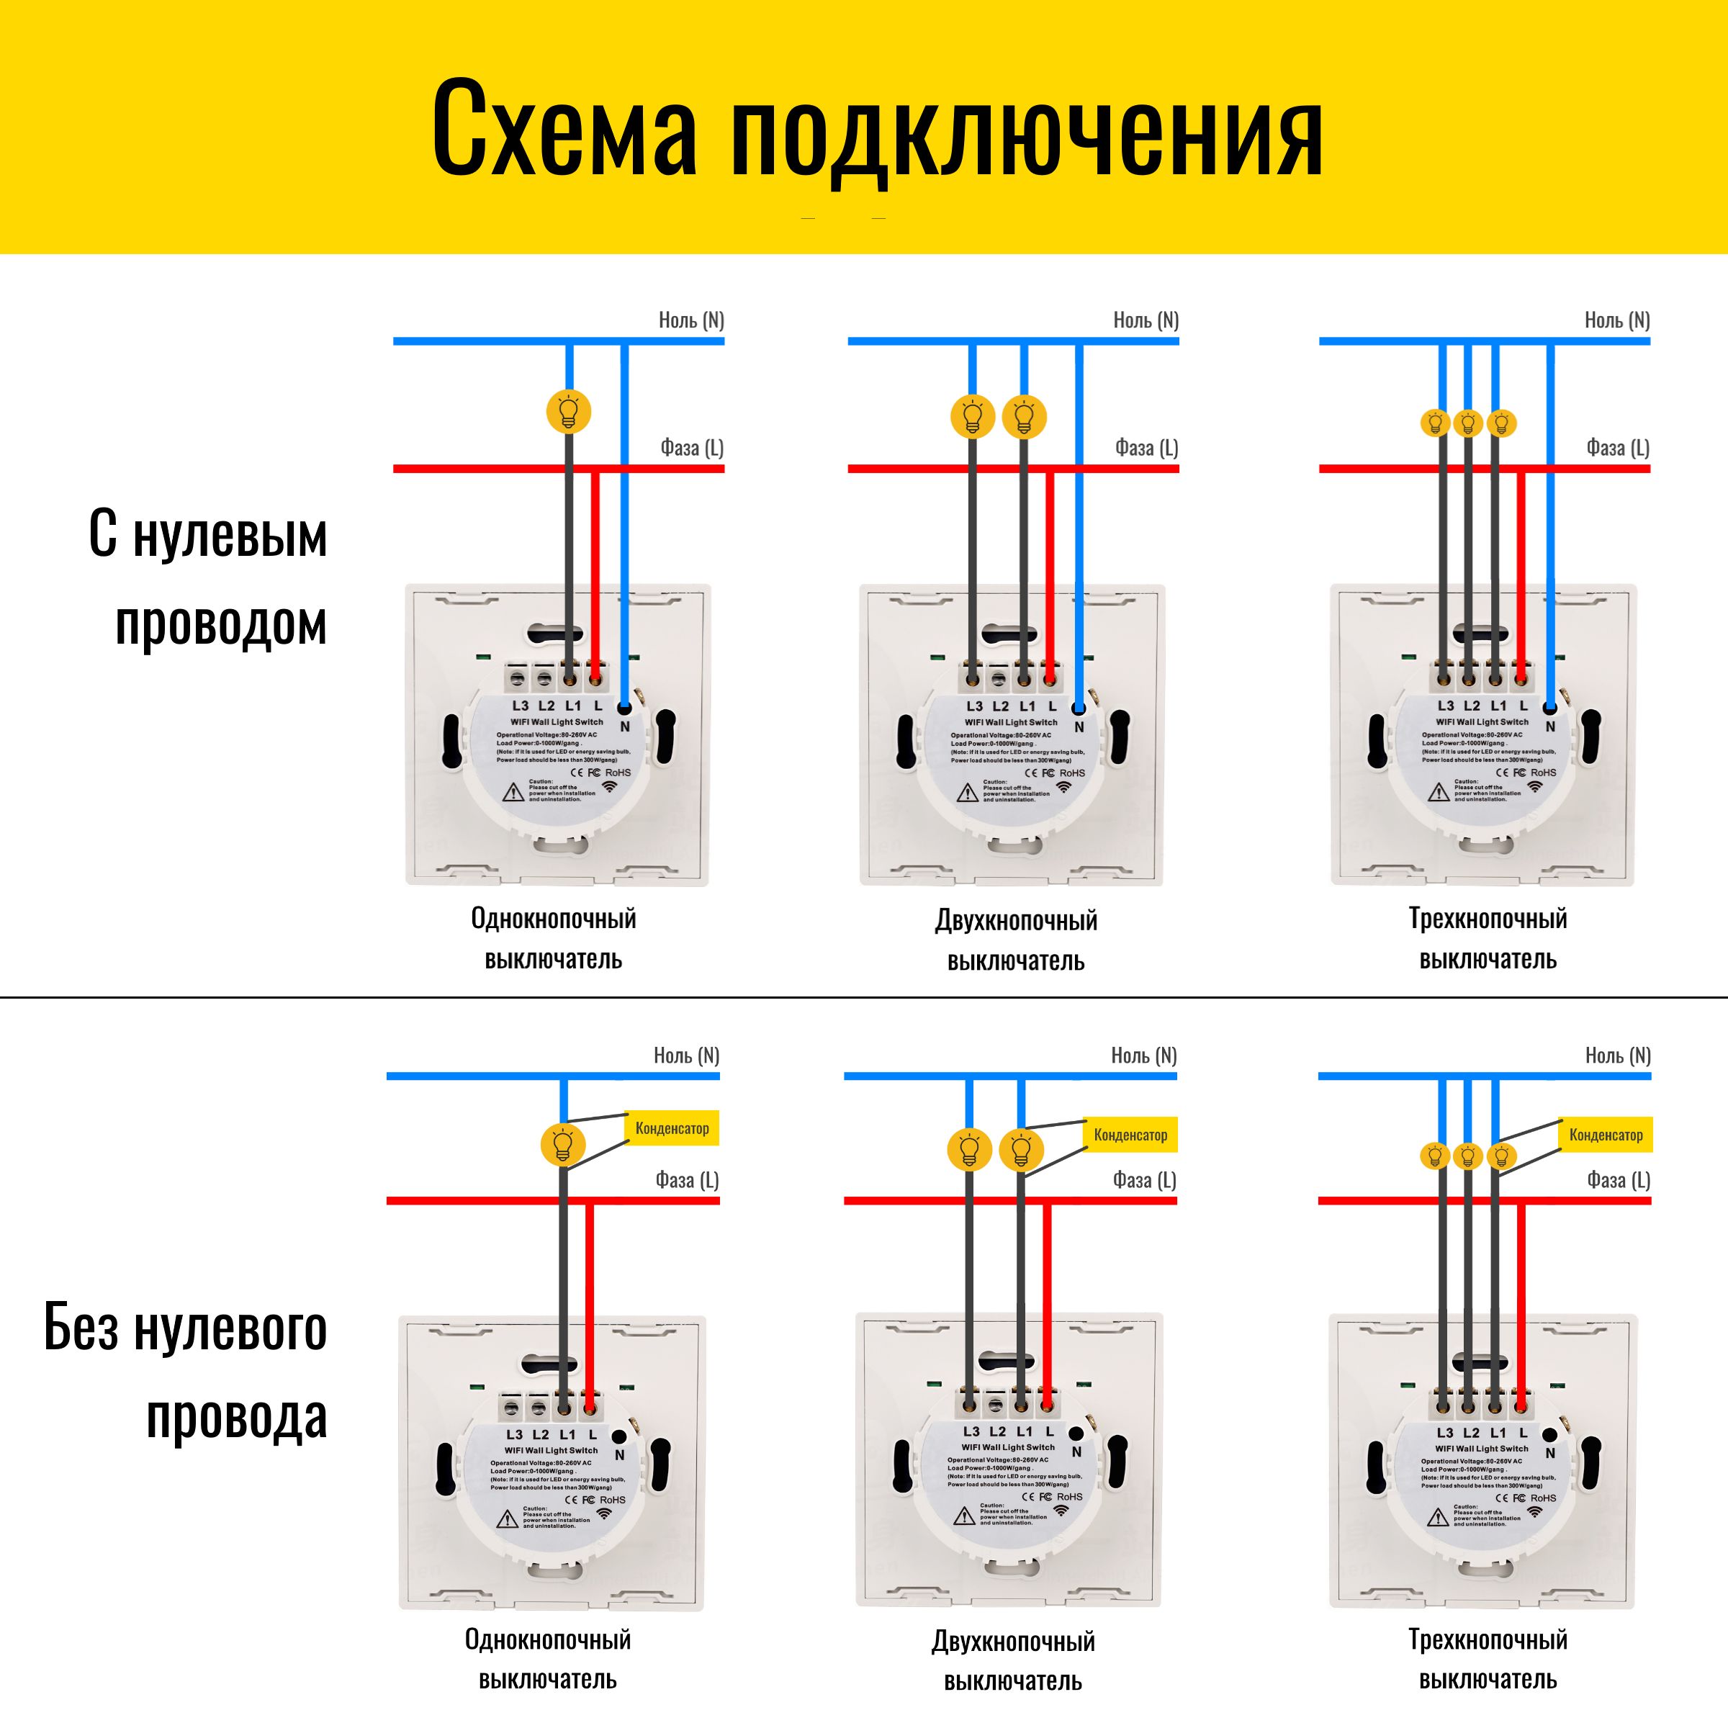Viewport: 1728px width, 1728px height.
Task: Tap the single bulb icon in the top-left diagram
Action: (x=569, y=413)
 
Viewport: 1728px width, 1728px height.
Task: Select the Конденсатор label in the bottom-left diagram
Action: (x=672, y=1129)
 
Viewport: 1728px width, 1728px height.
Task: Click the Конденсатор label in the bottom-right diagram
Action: (x=1606, y=1135)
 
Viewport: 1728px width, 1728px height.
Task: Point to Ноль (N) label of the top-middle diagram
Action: (x=1146, y=320)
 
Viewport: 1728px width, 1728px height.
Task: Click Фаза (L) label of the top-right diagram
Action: (x=1617, y=448)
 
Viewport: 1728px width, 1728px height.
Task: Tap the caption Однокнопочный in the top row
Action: (x=554, y=919)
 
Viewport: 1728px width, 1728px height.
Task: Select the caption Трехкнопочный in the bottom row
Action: (x=1488, y=1639)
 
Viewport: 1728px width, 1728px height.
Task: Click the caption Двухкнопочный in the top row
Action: (x=1016, y=920)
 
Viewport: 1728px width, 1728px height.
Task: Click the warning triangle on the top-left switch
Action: (x=513, y=791)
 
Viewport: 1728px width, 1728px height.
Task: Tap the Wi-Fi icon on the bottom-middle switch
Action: (x=1061, y=1511)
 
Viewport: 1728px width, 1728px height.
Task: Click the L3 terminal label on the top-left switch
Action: (x=520, y=706)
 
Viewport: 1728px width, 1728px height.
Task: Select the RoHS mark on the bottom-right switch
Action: (x=1543, y=1498)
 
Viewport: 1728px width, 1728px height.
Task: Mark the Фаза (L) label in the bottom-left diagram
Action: (x=687, y=1181)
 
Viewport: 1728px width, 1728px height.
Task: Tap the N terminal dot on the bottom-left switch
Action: (x=618, y=1437)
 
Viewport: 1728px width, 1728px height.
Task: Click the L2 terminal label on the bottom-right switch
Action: (x=1471, y=1433)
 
